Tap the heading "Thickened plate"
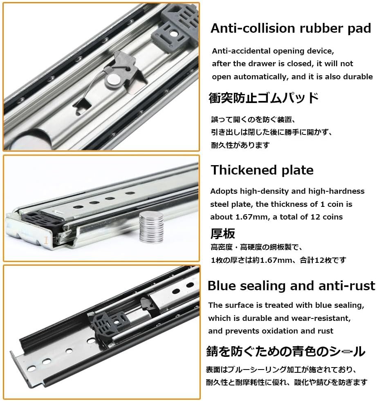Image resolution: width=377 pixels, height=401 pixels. click(262, 170)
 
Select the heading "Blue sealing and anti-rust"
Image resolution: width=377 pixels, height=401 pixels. click(291, 285)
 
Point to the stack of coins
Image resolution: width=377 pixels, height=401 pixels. click(151, 227)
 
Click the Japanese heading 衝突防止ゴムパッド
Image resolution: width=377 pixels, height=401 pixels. click(263, 98)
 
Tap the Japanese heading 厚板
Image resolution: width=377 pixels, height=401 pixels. click(222, 233)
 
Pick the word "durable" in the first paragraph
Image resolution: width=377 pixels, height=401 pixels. click(356, 76)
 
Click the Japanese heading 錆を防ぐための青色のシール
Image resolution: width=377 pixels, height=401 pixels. click(285, 351)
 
